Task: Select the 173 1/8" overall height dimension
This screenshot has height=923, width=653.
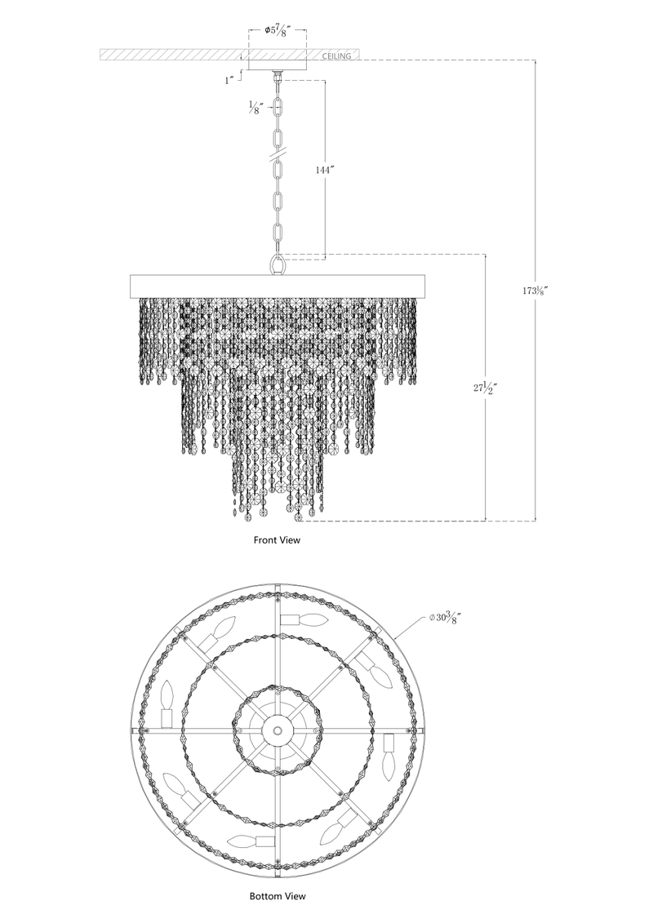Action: (x=535, y=290)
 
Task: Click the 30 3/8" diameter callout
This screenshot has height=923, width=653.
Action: (x=448, y=618)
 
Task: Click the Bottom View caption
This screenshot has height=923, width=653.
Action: (x=278, y=896)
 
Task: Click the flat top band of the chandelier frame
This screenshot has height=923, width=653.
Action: (x=278, y=286)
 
